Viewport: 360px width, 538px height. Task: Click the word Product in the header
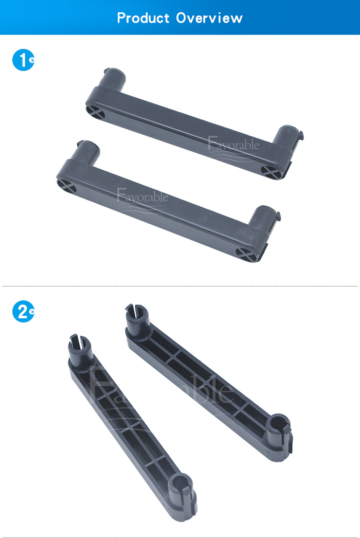pyautogui.click(x=143, y=18)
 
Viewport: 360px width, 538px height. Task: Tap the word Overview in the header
pyautogui.click(x=209, y=18)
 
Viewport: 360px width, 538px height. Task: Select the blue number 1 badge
pyautogui.click(x=23, y=60)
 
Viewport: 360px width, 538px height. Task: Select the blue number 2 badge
pyautogui.click(x=23, y=312)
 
